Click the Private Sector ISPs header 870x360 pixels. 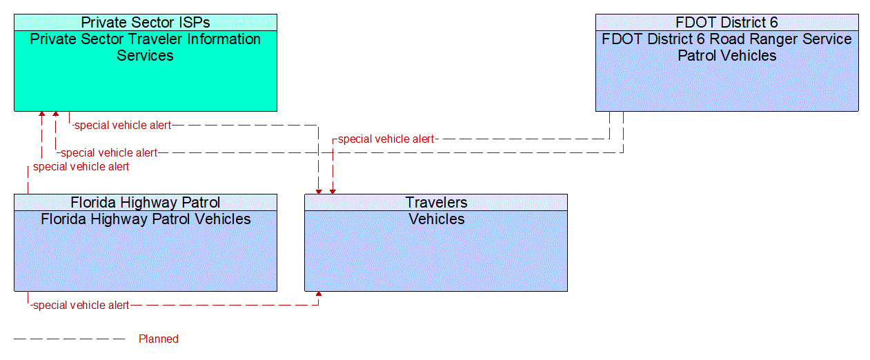[x=145, y=22]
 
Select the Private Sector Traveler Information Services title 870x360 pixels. [x=145, y=47]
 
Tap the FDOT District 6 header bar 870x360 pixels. [x=726, y=22]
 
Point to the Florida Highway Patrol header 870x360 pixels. [x=145, y=202]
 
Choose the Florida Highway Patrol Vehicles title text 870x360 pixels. [x=145, y=219]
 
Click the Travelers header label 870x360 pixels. [x=436, y=202]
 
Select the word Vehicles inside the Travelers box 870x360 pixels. [x=436, y=219]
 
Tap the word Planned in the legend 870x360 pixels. [x=159, y=339]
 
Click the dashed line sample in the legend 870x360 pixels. [x=69, y=339]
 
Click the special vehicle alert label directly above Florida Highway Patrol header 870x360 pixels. [x=81, y=166]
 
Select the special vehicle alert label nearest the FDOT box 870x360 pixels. [x=386, y=139]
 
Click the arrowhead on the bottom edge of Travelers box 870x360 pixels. [x=318, y=294]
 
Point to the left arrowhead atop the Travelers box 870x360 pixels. [x=318, y=190]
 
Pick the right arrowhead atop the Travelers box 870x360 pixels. [x=333, y=190]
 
